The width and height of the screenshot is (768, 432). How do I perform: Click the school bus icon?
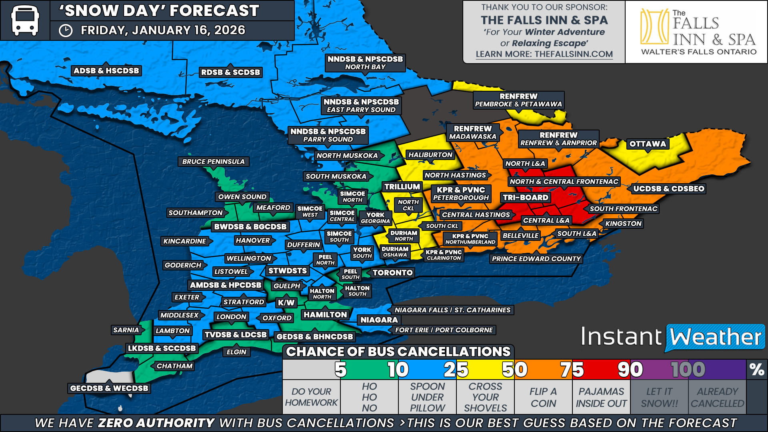pyautogui.click(x=25, y=20)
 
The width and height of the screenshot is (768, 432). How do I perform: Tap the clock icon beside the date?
pyautogui.click(x=66, y=31)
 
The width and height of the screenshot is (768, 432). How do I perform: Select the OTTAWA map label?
pyautogui.click(x=648, y=144)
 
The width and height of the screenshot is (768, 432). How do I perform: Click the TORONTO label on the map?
pyautogui.click(x=392, y=273)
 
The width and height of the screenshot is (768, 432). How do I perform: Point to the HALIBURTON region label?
pyautogui.click(x=430, y=155)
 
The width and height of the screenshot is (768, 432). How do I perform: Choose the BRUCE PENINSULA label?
pyautogui.click(x=213, y=162)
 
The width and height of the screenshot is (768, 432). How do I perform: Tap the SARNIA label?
pyautogui.click(x=126, y=330)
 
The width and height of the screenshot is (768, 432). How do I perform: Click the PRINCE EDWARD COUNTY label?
pyautogui.click(x=536, y=259)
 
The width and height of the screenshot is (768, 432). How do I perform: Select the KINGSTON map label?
pyautogui.click(x=623, y=224)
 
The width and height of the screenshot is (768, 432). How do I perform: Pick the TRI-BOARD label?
pyautogui.click(x=525, y=198)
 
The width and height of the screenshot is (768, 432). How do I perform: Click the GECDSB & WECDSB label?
pyautogui.click(x=109, y=388)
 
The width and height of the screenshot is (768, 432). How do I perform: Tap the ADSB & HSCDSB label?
pyautogui.click(x=106, y=71)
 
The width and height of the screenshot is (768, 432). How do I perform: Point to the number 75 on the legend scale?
pyautogui.click(x=572, y=370)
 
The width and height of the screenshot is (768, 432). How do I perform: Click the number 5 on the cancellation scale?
pyautogui.click(x=340, y=370)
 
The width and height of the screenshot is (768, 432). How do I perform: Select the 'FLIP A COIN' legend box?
pyautogui.click(x=543, y=397)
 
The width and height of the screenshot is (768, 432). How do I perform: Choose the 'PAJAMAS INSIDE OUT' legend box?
pyautogui.click(x=601, y=397)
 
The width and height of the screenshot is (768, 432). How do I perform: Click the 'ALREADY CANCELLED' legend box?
pyautogui.click(x=717, y=397)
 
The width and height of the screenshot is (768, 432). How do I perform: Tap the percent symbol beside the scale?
pyautogui.click(x=757, y=370)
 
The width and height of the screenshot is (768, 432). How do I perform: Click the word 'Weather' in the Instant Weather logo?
pyautogui.click(x=716, y=337)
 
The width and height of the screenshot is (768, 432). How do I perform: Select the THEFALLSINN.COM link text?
pyautogui.click(x=574, y=54)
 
